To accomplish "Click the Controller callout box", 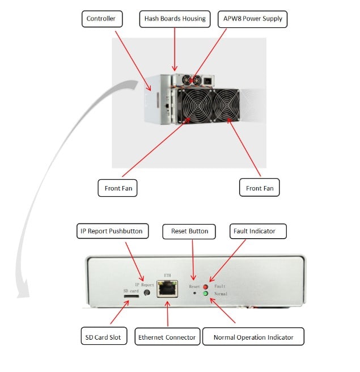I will pos(101,19).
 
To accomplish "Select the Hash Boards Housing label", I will pos(175,19).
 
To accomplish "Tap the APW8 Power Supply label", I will pos(252,19).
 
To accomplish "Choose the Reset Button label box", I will pos(189,231).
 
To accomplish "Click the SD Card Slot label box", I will pos(100,337).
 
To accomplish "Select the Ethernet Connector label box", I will pos(167,337).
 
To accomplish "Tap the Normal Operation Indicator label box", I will pos(253,337).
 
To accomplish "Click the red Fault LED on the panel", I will pos(205,287).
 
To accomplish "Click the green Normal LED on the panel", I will pos(205,294).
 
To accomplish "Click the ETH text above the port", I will pos(167,274).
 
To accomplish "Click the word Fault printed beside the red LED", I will pos(220,287).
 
